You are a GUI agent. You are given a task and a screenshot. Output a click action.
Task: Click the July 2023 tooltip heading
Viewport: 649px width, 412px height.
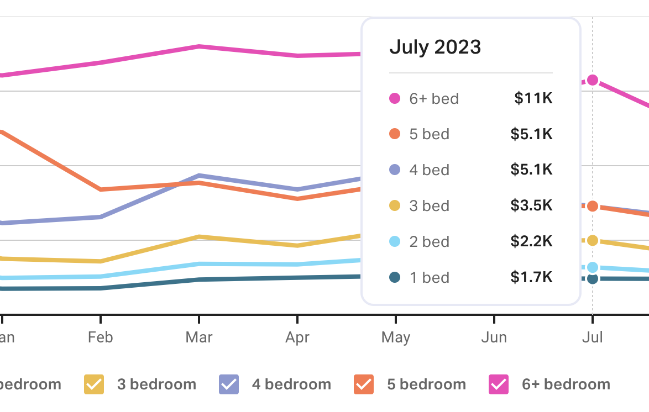(435, 47)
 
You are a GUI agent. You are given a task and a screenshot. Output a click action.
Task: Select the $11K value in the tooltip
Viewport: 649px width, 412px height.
(533, 98)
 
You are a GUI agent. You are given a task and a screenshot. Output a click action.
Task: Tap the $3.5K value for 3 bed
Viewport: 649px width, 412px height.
(531, 205)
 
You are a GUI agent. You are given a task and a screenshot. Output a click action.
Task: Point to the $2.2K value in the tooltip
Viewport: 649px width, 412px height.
(531, 241)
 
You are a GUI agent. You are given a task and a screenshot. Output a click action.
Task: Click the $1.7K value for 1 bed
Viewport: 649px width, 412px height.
(531, 277)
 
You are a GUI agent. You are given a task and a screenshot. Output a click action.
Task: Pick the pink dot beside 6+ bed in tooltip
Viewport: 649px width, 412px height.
(395, 99)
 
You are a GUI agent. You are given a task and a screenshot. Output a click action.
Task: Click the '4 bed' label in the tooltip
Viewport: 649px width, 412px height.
(429, 170)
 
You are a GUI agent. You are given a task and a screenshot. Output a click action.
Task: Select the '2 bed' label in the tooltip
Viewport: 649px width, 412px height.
(429, 241)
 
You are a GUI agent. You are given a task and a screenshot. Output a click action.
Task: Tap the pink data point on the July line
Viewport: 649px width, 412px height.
(593, 80)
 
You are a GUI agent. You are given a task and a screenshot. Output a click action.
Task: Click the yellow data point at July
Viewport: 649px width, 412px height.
(593, 240)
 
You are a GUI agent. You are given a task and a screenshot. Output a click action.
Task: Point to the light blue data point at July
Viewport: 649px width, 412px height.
(593, 268)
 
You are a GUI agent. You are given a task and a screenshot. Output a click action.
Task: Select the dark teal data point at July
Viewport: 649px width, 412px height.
(593, 279)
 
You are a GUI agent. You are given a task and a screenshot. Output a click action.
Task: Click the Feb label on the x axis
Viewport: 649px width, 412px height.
(100, 337)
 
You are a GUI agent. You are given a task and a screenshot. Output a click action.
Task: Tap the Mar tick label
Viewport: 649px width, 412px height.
(199, 337)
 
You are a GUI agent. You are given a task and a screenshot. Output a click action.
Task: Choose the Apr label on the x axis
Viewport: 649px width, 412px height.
(297, 337)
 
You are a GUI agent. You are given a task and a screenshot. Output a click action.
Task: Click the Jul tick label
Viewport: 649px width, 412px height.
(592, 337)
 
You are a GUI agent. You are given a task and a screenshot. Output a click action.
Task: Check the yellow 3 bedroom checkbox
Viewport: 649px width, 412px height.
(94, 384)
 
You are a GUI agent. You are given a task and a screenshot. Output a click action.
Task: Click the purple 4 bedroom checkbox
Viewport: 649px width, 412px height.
(229, 384)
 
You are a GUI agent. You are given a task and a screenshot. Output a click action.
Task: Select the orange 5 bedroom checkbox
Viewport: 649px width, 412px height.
(364, 384)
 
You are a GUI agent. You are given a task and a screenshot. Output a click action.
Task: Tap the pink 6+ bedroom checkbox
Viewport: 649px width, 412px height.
(499, 384)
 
